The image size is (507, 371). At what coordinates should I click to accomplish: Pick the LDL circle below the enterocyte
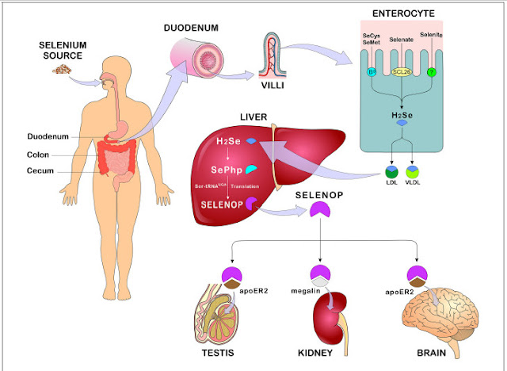[x=391, y=170]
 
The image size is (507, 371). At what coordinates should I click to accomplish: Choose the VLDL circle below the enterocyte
[x=412, y=170]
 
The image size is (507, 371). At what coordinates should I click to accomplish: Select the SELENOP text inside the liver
[x=221, y=204]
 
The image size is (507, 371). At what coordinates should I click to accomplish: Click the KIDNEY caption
[x=320, y=355]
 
